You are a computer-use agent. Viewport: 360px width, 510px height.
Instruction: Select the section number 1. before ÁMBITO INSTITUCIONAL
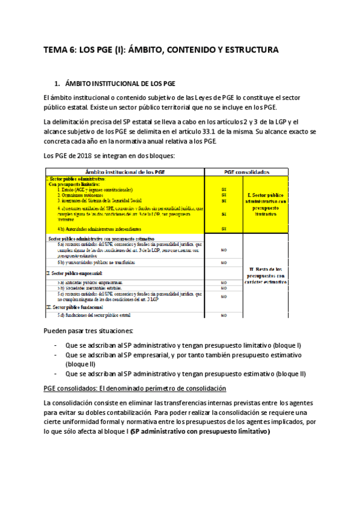[x=57, y=83]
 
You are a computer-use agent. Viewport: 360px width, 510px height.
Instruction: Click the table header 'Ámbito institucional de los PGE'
[x=125, y=171]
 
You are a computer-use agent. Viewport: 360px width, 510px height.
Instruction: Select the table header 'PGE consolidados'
[x=247, y=171]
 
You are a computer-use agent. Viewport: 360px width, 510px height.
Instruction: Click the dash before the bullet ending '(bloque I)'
[x=55, y=346]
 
